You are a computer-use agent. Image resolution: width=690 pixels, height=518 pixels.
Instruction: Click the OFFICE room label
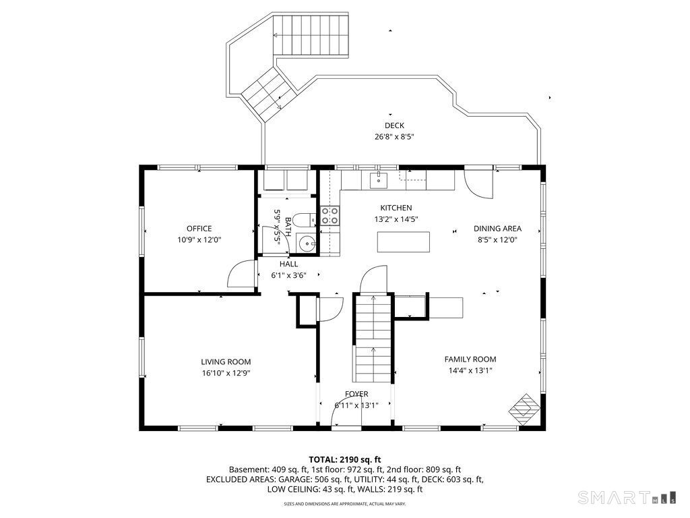coord(199,229)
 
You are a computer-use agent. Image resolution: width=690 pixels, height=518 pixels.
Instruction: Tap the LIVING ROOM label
coord(226,362)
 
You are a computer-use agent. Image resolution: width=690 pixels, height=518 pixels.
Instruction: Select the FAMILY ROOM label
coord(470,359)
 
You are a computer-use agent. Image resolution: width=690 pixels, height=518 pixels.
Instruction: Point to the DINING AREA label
coord(497,229)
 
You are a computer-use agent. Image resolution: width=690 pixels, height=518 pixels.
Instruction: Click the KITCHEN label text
coord(396,208)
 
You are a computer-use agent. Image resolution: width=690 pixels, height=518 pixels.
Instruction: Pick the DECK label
coord(394,125)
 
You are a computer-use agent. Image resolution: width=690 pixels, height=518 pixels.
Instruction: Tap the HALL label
coord(288,264)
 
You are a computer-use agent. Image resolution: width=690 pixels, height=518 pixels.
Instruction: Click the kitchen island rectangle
coord(404,242)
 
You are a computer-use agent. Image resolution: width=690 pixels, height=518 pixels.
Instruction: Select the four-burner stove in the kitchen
coord(330,216)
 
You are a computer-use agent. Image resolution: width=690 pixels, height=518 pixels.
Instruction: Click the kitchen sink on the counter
coord(379,180)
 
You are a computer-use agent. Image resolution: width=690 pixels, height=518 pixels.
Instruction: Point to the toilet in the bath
coord(305,219)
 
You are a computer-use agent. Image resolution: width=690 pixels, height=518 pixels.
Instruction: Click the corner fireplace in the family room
coord(524,409)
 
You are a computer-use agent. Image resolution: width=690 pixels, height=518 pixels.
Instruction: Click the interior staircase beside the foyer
coord(372,338)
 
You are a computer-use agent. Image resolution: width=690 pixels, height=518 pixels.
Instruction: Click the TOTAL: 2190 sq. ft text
coord(344,460)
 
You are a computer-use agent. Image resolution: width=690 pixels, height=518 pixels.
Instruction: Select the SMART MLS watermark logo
coord(627,497)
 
